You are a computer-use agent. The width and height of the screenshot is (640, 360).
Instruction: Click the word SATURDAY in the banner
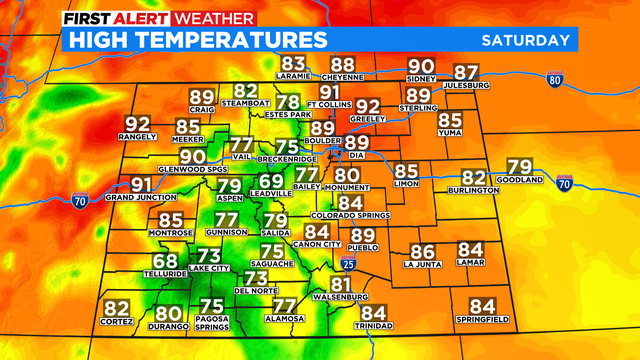(526, 40)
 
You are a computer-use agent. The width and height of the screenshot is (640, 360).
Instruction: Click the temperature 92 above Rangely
(138, 125)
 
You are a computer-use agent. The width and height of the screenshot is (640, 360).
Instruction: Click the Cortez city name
(117, 322)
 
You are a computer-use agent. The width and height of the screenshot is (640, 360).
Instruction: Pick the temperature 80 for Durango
(168, 313)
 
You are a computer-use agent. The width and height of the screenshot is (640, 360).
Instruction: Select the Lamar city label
(471, 263)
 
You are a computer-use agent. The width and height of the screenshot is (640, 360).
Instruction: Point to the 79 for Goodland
(520, 167)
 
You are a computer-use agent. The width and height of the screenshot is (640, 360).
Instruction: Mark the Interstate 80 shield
(554, 79)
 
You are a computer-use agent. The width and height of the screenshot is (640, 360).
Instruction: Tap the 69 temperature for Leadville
(271, 181)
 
